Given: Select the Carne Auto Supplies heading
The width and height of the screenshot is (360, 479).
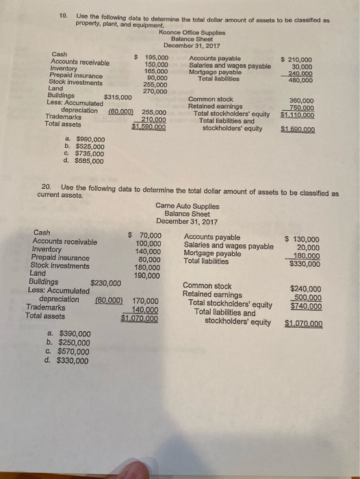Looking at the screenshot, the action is click(x=188, y=205).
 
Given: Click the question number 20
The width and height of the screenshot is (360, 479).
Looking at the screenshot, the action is click(x=46, y=186).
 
